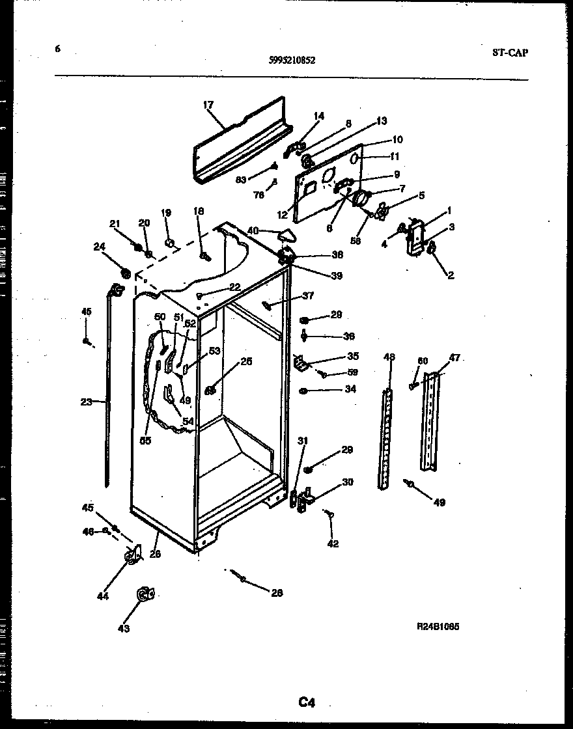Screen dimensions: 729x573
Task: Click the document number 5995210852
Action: pos(292,61)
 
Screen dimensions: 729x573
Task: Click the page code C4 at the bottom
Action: pos(307,702)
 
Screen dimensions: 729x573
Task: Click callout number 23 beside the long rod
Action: pos(86,402)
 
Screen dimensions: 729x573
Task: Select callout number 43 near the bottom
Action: pos(124,628)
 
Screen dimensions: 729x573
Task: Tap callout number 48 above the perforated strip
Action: pos(389,357)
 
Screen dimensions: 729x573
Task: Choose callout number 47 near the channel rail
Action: pos(454,357)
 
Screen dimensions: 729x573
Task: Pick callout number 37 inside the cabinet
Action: pos(307,296)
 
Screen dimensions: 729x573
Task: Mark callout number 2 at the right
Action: pos(450,275)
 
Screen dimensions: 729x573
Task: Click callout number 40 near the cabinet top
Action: pos(253,230)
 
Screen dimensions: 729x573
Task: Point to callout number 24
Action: pos(99,246)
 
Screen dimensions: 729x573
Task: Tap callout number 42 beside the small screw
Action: pos(333,543)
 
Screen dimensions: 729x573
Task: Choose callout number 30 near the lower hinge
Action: pos(348,482)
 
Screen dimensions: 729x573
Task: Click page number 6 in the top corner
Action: pos(57,48)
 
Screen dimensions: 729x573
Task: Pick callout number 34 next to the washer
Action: pos(350,389)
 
